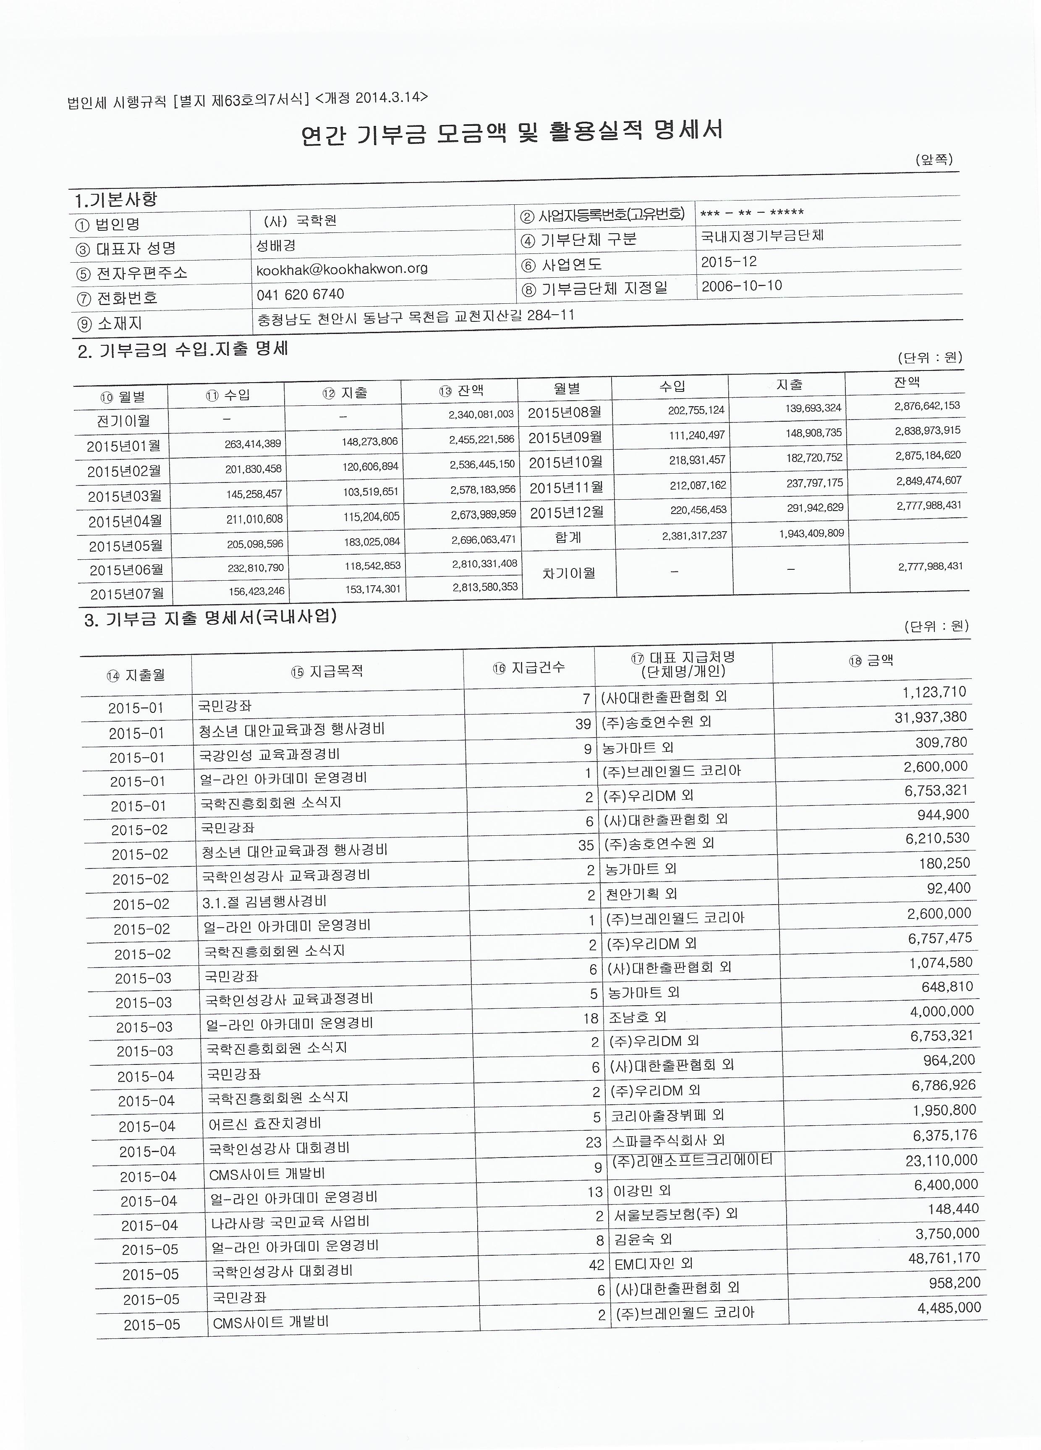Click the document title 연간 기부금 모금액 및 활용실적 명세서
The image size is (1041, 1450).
[x=512, y=133]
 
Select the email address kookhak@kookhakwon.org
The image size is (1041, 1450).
[x=342, y=269]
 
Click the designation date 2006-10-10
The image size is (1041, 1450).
[x=741, y=286]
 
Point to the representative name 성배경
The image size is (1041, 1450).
[x=276, y=245]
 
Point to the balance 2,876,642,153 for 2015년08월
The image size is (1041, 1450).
[x=927, y=406]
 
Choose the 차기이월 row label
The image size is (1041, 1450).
[x=568, y=573]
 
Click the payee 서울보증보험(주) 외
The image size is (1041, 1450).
[x=676, y=1214]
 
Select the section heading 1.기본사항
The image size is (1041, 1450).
[x=115, y=200]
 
